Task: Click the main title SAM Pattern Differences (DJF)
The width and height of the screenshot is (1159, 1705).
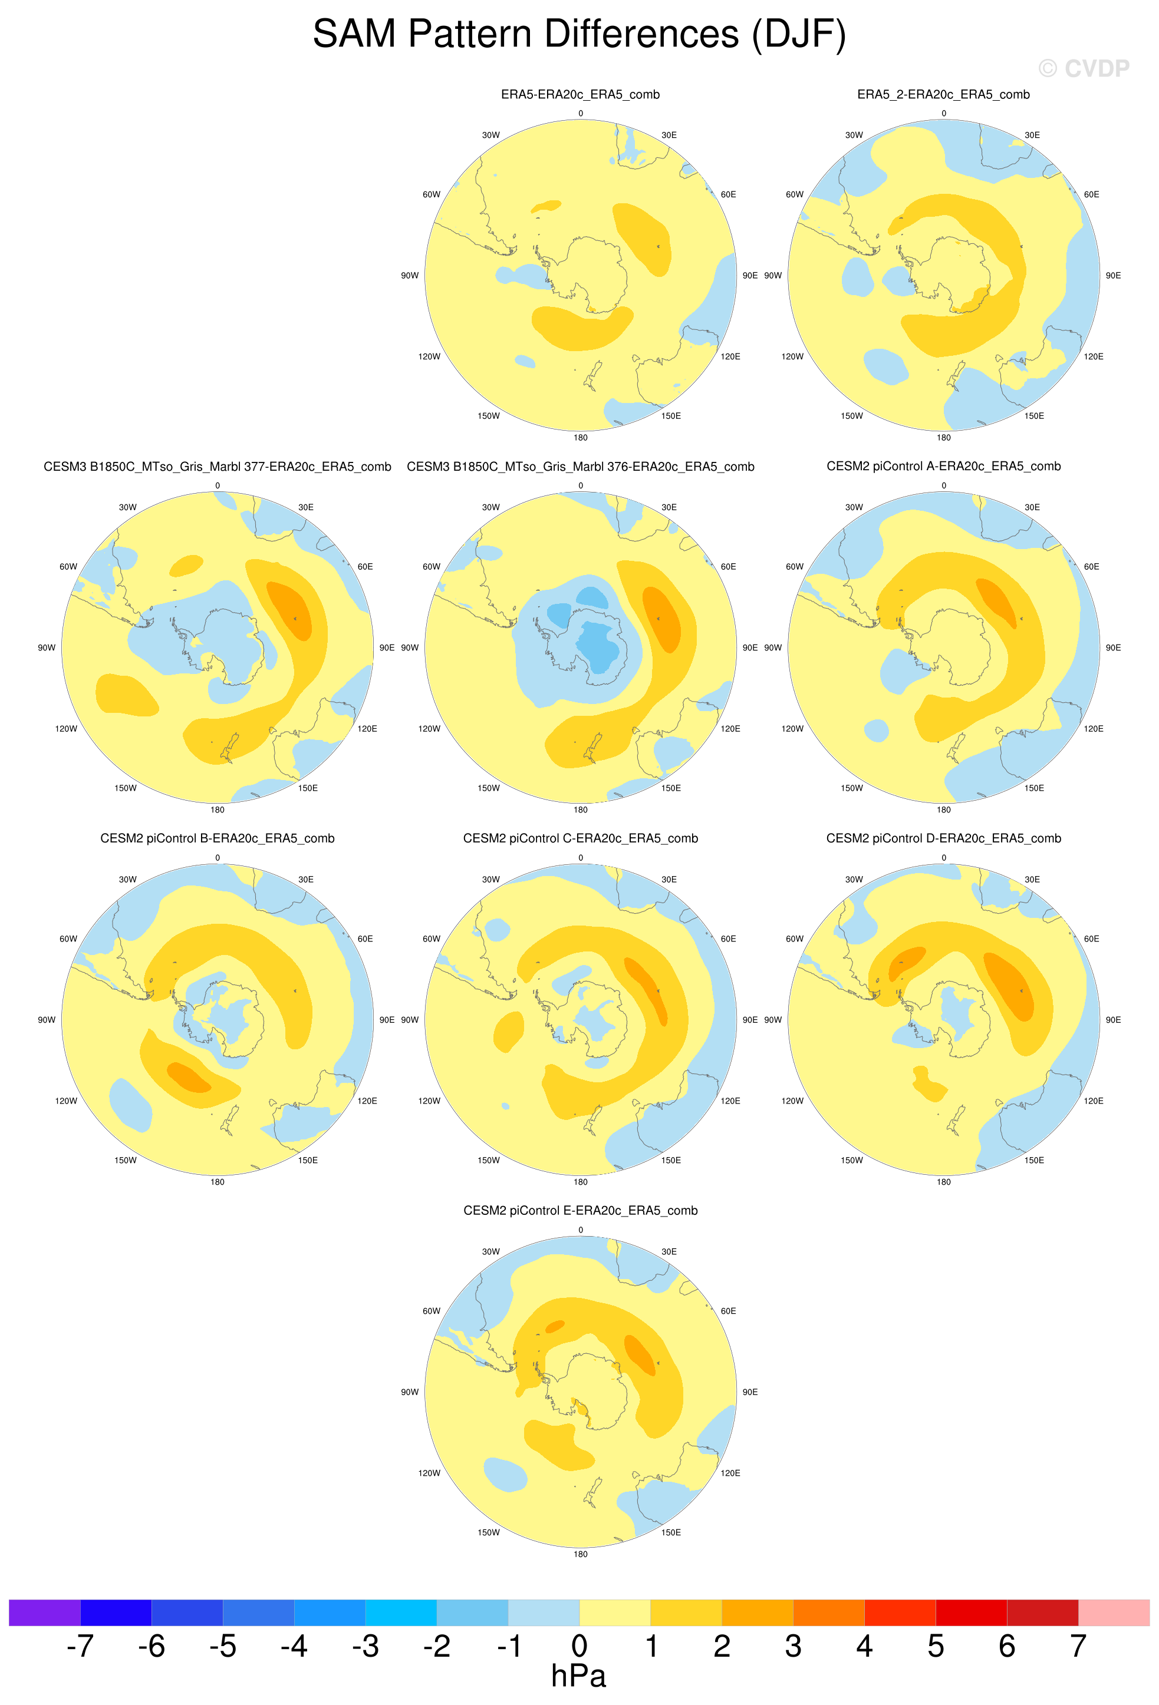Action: click(x=579, y=35)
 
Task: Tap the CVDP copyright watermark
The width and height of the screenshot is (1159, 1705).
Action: click(x=1084, y=68)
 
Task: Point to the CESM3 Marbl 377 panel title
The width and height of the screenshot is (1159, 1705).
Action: click(x=218, y=467)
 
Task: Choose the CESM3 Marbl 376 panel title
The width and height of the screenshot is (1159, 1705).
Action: click(x=580, y=467)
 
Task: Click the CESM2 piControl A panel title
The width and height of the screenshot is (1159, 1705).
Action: click(x=943, y=466)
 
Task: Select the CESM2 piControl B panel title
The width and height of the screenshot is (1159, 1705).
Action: click(x=218, y=838)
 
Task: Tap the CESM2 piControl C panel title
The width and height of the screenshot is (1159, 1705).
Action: click(x=580, y=838)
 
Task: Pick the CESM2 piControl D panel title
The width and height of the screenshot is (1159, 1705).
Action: click(x=943, y=838)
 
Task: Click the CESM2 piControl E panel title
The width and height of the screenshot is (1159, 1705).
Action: click(x=580, y=1211)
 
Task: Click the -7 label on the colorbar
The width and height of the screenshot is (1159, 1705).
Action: click(x=80, y=1645)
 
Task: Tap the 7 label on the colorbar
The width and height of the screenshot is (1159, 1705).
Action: click(x=1078, y=1645)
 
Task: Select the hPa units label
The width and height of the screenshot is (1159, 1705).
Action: click(x=578, y=1676)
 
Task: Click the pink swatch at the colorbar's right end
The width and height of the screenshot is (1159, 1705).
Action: click(x=1114, y=1613)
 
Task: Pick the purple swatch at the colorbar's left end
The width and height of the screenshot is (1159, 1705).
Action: click(x=44, y=1613)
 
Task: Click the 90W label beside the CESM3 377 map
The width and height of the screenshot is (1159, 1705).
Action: click(x=46, y=648)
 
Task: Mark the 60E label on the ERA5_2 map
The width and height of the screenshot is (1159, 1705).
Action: click(x=1091, y=194)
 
